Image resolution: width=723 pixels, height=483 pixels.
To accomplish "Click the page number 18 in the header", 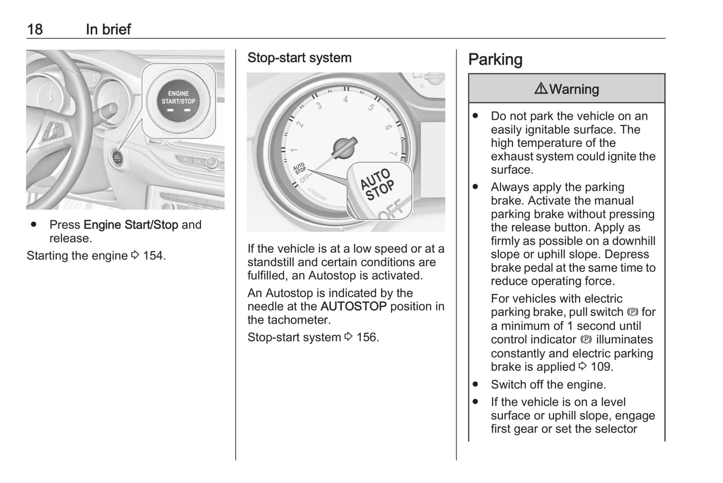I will (35, 29).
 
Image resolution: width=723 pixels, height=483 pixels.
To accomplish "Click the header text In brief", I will (108, 29).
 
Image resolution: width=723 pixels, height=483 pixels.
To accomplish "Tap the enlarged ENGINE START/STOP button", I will (179, 100).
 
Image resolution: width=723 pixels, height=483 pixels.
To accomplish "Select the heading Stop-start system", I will (299, 58).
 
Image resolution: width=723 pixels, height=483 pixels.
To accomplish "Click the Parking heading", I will (495, 59).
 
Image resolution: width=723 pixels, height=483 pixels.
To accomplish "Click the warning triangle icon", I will (540, 89).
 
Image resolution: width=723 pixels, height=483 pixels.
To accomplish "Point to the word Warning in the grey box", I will (574, 89).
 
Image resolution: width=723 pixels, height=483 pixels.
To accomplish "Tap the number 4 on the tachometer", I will (345, 99).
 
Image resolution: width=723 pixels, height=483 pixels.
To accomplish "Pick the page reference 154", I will (153, 255).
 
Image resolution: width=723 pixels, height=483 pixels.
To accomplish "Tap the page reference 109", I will (600, 366).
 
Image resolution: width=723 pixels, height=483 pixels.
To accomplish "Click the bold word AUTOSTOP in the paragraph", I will (353, 306).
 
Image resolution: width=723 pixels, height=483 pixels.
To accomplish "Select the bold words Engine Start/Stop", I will (131, 225).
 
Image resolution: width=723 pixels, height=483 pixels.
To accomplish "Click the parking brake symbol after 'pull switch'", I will (632, 312).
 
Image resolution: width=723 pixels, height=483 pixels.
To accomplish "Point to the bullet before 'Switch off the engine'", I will (475, 384).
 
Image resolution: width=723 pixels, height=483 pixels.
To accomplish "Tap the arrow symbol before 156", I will (349, 337).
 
